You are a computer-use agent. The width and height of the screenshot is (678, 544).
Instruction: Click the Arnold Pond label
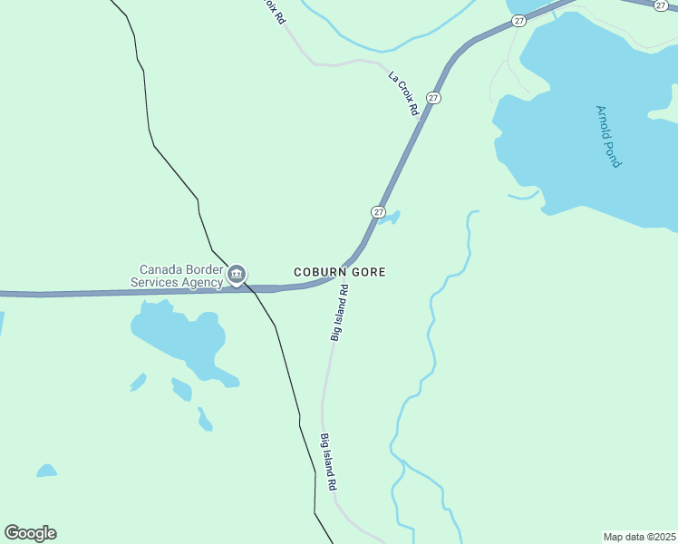tap(608, 136)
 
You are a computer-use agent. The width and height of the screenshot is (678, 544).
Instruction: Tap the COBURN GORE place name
tap(340, 272)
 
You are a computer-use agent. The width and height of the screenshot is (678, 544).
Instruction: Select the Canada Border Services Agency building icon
tap(237, 273)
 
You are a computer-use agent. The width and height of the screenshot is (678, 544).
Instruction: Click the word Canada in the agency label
tap(160, 269)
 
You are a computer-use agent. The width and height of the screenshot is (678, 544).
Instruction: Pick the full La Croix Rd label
tap(403, 92)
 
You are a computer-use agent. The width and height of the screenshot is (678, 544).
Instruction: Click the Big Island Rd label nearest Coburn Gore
tap(339, 313)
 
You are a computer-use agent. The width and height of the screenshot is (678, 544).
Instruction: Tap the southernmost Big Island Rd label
tap(329, 461)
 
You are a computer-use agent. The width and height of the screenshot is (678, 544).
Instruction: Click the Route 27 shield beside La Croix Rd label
tap(434, 97)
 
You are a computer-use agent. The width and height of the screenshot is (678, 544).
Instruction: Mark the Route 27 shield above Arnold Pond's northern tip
tap(518, 20)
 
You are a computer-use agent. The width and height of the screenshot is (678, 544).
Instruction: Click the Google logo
tap(31, 532)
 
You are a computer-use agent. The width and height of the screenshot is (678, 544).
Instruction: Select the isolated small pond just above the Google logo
tap(46, 471)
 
